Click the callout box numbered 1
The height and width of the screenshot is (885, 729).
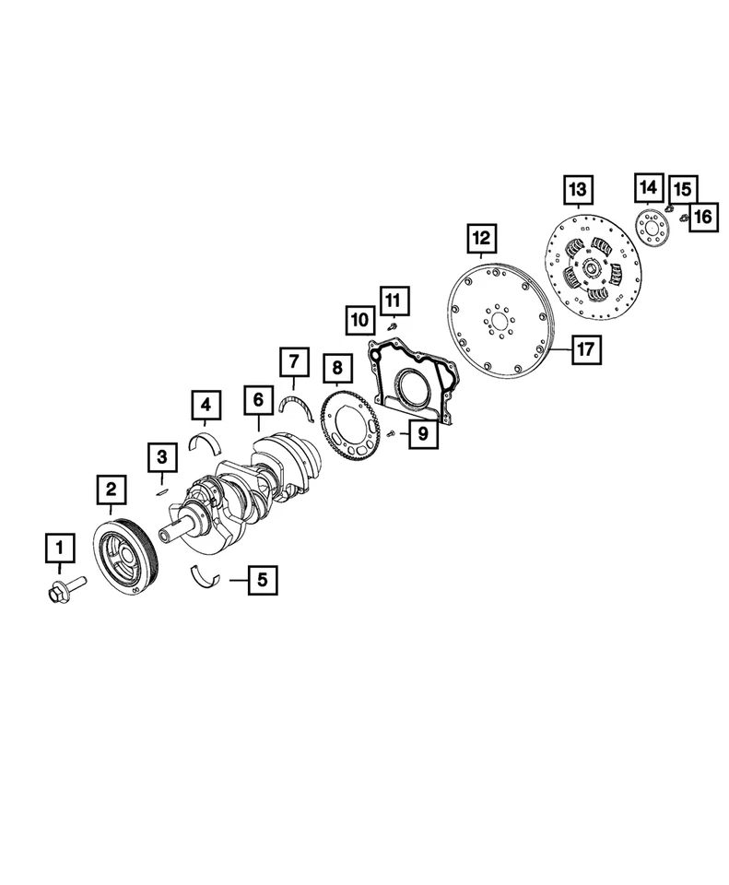tap(61, 549)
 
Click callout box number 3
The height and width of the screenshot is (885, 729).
tap(161, 455)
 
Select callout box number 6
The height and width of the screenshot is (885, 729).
tap(259, 400)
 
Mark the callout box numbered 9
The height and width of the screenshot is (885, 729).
tap(424, 433)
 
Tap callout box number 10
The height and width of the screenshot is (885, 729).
tap(359, 320)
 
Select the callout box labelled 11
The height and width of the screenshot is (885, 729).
tap(393, 300)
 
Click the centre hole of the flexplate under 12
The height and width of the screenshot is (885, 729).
tap(499, 323)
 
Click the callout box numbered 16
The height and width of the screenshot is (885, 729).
tap(702, 217)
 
